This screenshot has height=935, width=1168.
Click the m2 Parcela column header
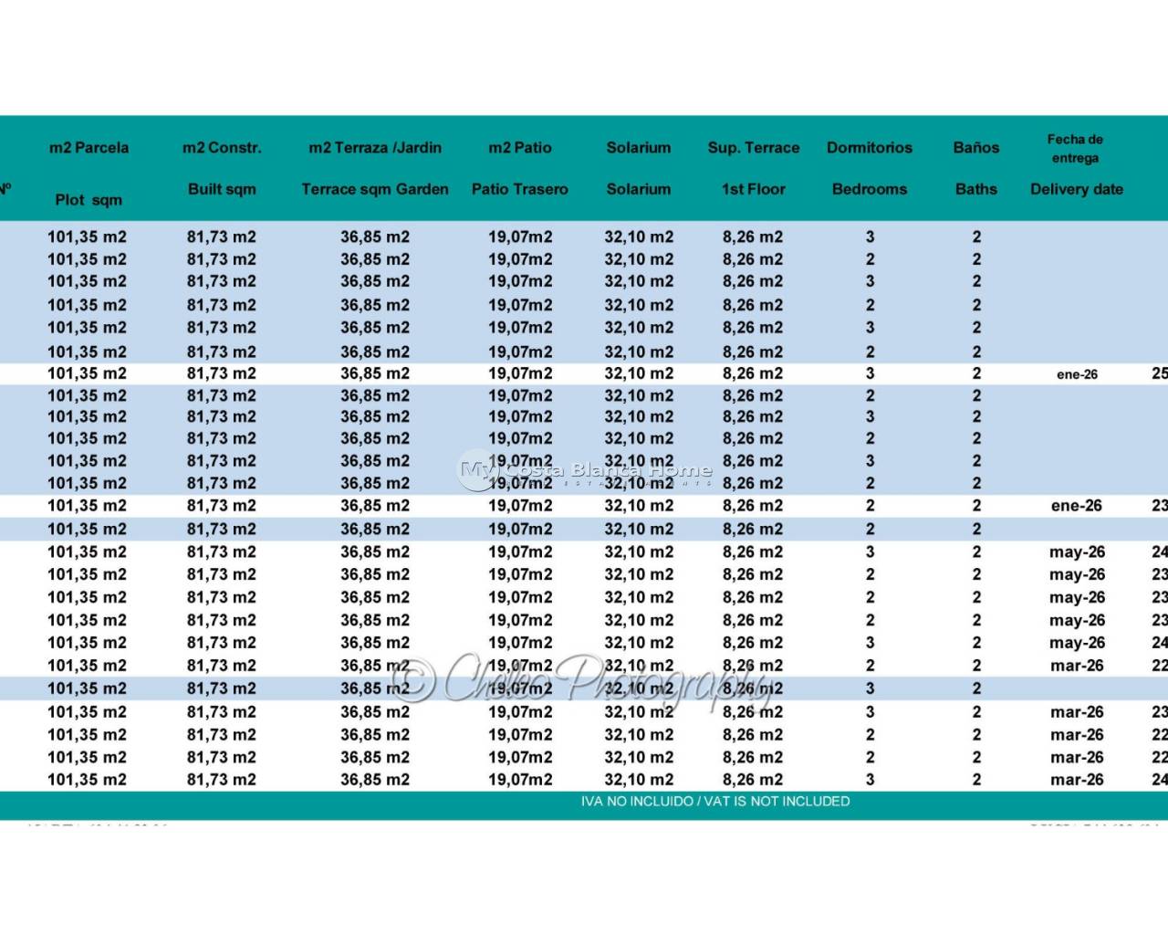pyautogui.click(x=89, y=148)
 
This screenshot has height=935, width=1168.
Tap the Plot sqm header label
pyautogui.click(x=89, y=200)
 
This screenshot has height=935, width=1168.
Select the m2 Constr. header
pyautogui.click(x=222, y=148)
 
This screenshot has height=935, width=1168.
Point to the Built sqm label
pyautogui.click(x=222, y=189)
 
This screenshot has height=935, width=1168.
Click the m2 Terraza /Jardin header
pyautogui.click(x=375, y=148)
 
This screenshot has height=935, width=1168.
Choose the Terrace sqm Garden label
pyautogui.click(x=375, y=189)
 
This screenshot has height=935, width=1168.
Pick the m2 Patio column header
pyautogui.click(x=520, y=148)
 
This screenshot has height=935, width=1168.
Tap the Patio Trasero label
pyautogui.click(x=520, y=189)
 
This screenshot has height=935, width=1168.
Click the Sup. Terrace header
pyautogui.click(x=754, y=148)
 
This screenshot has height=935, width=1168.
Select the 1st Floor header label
pyautogui.click(x=754, y=189)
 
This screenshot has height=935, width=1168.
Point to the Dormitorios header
pyautogui.click(x=870, y=148)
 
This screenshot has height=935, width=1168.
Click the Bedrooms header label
pyautogui.click(x=870, y=189)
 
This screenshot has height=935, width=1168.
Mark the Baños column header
pyautogui.click(x=976, y=148)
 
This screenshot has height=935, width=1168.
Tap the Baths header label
pyautogui.click(x=976, y=189)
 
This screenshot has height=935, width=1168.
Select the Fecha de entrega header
pyautogui.click(x=1075, y=149)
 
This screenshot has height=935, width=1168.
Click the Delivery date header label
pyautogui.click(x=1077, y=189)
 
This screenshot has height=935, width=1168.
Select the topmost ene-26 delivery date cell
pyautogui.click(x=1077, y=374)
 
